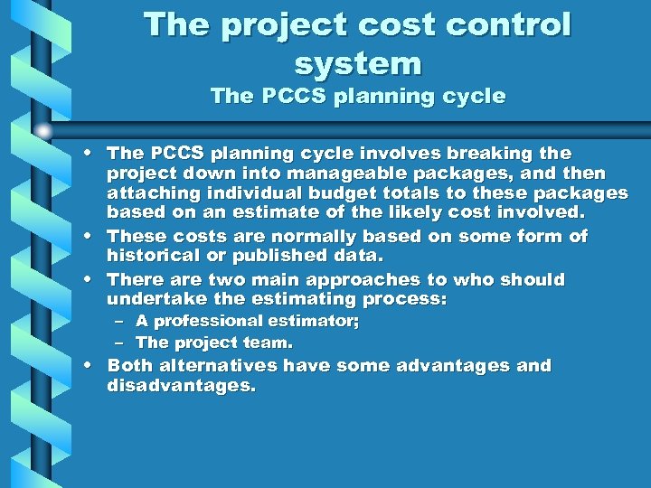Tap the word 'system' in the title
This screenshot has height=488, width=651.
tap(358, 63)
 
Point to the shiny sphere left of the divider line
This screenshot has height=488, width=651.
tap(42, 132)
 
